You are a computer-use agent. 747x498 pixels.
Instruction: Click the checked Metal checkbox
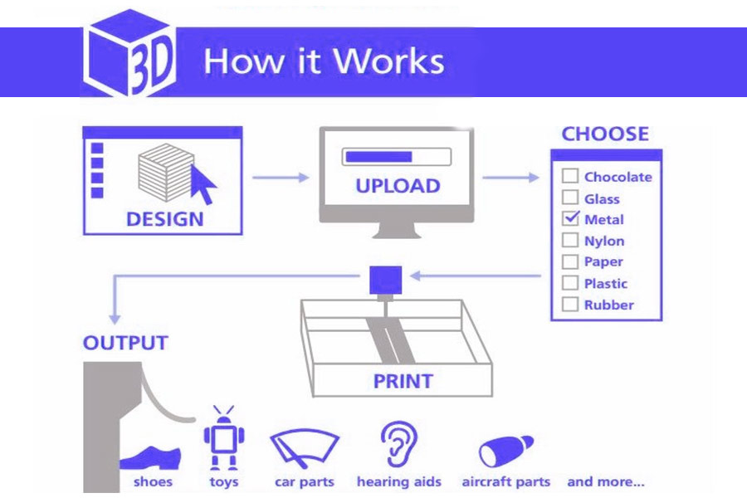[570, 218]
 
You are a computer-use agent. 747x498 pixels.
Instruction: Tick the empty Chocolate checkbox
[569, 176]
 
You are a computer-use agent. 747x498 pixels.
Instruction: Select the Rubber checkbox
[569, 304]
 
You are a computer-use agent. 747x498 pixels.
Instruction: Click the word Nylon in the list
[604, 242]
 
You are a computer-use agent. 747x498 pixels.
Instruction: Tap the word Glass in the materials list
[602, 198]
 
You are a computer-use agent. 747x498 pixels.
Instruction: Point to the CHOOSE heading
[605, 134]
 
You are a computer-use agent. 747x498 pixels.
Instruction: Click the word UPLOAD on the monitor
[398, 186]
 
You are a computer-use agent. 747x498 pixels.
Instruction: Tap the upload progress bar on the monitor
[397, 157]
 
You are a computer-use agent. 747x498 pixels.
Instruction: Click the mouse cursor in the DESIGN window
[203, 184]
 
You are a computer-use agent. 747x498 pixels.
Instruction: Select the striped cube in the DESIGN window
[166, 173]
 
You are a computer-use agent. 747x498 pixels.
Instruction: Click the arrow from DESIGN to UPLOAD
[281, 178]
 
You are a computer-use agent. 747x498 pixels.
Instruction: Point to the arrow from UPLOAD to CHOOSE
[510, 178]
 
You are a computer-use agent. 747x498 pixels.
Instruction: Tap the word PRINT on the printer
[403, 381]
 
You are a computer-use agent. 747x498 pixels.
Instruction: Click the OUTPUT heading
[126, 343]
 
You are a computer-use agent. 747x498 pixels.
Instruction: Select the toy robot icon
[224, 438]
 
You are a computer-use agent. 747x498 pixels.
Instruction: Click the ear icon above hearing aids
[399, 444]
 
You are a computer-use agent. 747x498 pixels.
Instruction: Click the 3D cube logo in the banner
[129, 52]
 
